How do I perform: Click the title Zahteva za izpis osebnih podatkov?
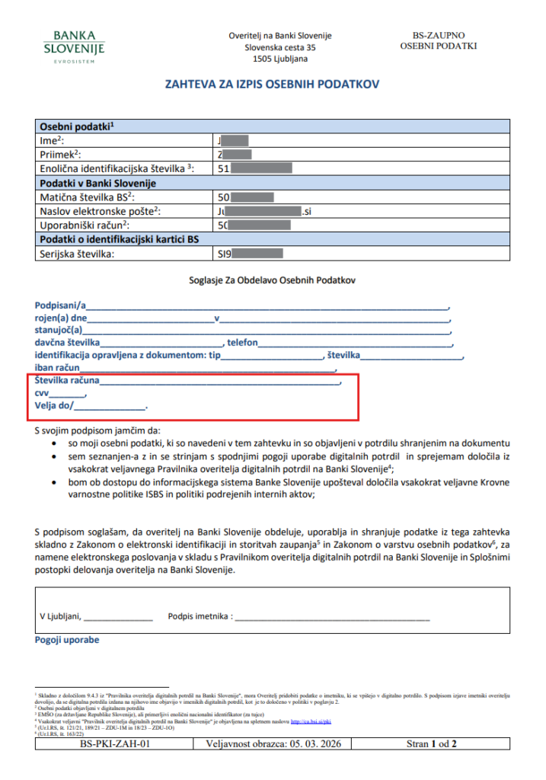(x=272, y=85)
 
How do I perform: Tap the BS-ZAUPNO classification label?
(x=438, y=36)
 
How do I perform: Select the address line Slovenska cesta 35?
(x=279, y=47)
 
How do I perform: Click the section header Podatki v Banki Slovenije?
(x=97, y=183)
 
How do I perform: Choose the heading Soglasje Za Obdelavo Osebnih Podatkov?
(x=272, y=280)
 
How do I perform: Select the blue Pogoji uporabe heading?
(x=67, y=641)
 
